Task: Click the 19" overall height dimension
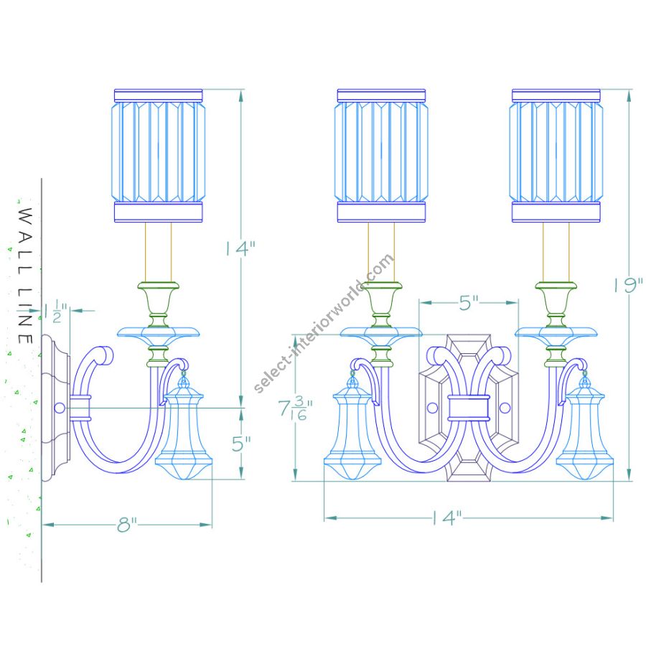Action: pyautogui.click(x=628, y=285)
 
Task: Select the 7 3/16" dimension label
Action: pyautogui.click(x=295, y=408)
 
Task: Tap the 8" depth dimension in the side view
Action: pyautogui.click(x=126, y=525)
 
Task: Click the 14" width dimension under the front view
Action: pyautogui.click(x=447, y=518)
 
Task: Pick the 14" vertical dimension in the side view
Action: pyautogui.click(x=240, y=248)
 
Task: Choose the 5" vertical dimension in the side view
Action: pyautogui.click(x=241, y=444)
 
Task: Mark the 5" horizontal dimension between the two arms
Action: pyautogui.click(x=469, y=303)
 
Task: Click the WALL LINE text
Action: pyautogui.click(x=26, y=276)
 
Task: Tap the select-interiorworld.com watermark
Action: pyautogui.click(x=324, y=324)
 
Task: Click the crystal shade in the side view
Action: pyautogui.click(x=158, y=156)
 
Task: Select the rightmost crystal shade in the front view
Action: pyautogui.click(x=556, y=156)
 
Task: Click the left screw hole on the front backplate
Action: pyautogui.click(x=433, y=408)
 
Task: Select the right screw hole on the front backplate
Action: pyautogui.click(x=505, y=408)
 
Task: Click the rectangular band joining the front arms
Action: pyautogui.click(x=469, y=408)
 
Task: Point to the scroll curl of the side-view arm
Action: pyautogui.click(x=104, y=355)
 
